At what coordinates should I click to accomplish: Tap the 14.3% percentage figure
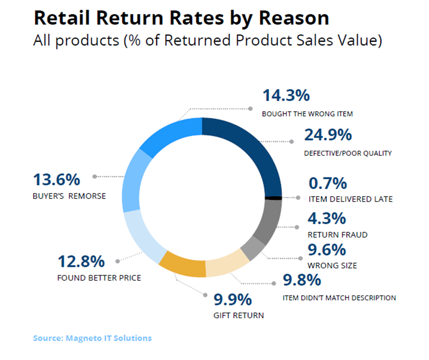286,96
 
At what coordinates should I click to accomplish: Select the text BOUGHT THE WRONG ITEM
307,114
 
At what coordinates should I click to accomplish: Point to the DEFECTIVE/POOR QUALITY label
348,153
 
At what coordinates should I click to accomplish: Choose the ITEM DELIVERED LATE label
350,199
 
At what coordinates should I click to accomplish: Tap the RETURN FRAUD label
338,235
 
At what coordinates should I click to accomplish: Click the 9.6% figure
327,250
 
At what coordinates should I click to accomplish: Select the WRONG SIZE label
332,265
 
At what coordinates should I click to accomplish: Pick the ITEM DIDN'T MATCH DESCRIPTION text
339,298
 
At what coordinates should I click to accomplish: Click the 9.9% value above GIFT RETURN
233,300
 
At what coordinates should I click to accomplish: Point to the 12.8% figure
81,262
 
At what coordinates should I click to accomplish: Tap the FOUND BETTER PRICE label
99,278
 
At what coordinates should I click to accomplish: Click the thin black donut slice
274,197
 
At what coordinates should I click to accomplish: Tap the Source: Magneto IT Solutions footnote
92,338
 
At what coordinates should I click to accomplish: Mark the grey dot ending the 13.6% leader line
94,176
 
